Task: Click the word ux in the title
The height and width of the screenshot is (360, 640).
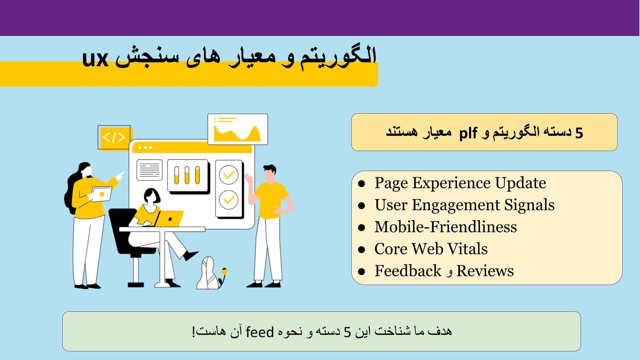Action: (x=95, y=59)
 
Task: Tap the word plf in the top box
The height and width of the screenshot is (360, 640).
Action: (x=468, y=133)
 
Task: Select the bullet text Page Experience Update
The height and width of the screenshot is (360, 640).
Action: (x=460, y=183)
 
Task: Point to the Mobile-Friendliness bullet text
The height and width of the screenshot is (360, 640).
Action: (x=446, y=227)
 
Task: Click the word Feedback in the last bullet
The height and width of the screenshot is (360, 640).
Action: (x=408, y=271)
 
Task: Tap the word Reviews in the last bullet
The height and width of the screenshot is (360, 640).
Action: (x=485, y=271)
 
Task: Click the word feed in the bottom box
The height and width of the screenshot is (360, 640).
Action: (x=260, y=332)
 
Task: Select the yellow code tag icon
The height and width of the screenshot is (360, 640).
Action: (x=114, y=137)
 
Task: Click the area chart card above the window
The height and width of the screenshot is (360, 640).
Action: (x=237, y=129)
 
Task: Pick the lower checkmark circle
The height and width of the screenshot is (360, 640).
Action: (x=229, y=200)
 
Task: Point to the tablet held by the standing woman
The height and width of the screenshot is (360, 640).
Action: (x=102, y=194)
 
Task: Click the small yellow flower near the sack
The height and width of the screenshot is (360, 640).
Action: (x=225, y=272)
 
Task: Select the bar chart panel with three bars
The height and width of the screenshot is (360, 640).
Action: (x=187, y=175)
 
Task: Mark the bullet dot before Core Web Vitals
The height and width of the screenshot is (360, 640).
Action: (x=362, y=249)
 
